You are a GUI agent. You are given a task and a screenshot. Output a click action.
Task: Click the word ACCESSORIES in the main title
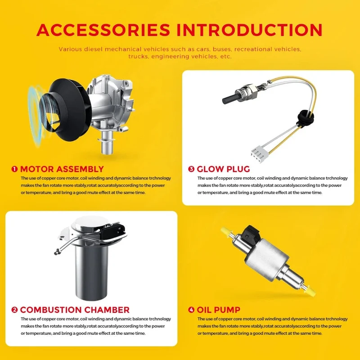pos(103,30)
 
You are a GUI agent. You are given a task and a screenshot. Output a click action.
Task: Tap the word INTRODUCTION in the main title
pos(250,30)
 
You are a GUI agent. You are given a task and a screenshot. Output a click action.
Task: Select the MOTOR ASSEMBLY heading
pos(62,169)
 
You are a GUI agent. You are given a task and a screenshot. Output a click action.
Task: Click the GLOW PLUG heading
pos(223,169)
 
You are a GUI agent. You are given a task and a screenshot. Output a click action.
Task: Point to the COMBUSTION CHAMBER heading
pos(75,310)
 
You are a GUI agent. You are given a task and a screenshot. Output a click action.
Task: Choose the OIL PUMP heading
pos(219,310)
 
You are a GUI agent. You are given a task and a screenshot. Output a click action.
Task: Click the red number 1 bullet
pos(14,169)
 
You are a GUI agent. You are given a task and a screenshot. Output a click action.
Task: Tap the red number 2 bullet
pos(14,310)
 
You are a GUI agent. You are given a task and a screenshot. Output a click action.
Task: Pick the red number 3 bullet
pos(191,169)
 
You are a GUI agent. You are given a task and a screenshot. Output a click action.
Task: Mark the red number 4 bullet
pos(191,310)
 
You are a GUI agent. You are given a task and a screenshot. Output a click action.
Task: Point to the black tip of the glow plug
pos(229,98)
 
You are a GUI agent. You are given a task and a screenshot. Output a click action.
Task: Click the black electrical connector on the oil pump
pos(251,234)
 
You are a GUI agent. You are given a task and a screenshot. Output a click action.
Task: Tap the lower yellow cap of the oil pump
pos(310,290)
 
